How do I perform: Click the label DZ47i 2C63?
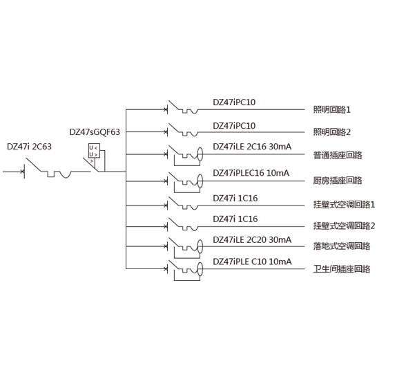[x=29, y=147]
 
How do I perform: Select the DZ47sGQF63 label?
[x=95, y=132]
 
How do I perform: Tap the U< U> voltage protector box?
[x=94, y=151]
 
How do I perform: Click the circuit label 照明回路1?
[x=332, y=109]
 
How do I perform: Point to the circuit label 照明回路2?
[x=332, y=132]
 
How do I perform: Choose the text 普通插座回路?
[x=338, y=155]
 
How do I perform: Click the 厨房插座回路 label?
[x=338, y=181]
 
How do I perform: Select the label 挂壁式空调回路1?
[x=344, y=205]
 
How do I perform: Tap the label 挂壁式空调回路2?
[x=344, y=226]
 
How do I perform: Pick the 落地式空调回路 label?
[x=342, y=246]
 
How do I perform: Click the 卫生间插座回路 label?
[x=342, y=268]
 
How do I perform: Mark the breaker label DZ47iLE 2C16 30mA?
[x=252, y=147]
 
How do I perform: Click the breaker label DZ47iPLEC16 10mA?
[x=251, y=173]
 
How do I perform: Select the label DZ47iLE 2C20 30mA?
[x=252, y=240]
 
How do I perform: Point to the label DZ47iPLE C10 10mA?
[x=252, y=262]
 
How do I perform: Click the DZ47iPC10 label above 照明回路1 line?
[x=234, y=102]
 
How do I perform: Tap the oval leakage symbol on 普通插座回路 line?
[x=200, y=154]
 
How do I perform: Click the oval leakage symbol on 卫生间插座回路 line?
[x=200, y=269]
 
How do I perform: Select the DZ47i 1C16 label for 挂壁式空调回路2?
[x=235, y=219]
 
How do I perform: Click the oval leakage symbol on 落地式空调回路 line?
[x=200, y=246]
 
